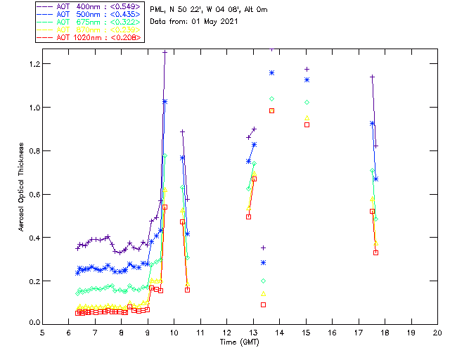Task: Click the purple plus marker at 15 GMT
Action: [x=307, y=69]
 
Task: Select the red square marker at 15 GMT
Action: [x=307, y=124]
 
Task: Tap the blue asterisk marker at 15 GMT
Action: [x=307, y=80]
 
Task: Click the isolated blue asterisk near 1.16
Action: [x=271, y=73]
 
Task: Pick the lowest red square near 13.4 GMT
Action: [x=263, y=304]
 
